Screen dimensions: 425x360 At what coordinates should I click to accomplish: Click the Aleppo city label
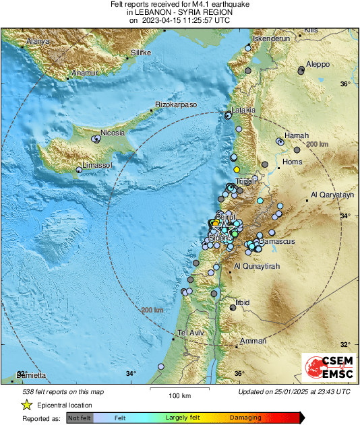(318, 64)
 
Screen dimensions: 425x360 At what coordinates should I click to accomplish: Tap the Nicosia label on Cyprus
(113, 132)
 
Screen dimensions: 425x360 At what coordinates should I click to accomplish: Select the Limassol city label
(98, 165)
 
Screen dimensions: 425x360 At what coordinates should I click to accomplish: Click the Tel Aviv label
(191, 333)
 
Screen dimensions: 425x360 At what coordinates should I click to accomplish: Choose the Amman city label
(253, 341)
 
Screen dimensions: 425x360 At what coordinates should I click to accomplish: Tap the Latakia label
(243, 110)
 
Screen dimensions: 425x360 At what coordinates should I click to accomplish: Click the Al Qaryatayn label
(332, 195)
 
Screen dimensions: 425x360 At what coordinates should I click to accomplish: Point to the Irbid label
(242, 302)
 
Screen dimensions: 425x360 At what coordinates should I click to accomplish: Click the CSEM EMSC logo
(325, 369)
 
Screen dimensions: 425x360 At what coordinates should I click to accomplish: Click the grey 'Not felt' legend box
(80, 418)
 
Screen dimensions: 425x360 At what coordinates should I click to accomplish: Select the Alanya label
(38, 42)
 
